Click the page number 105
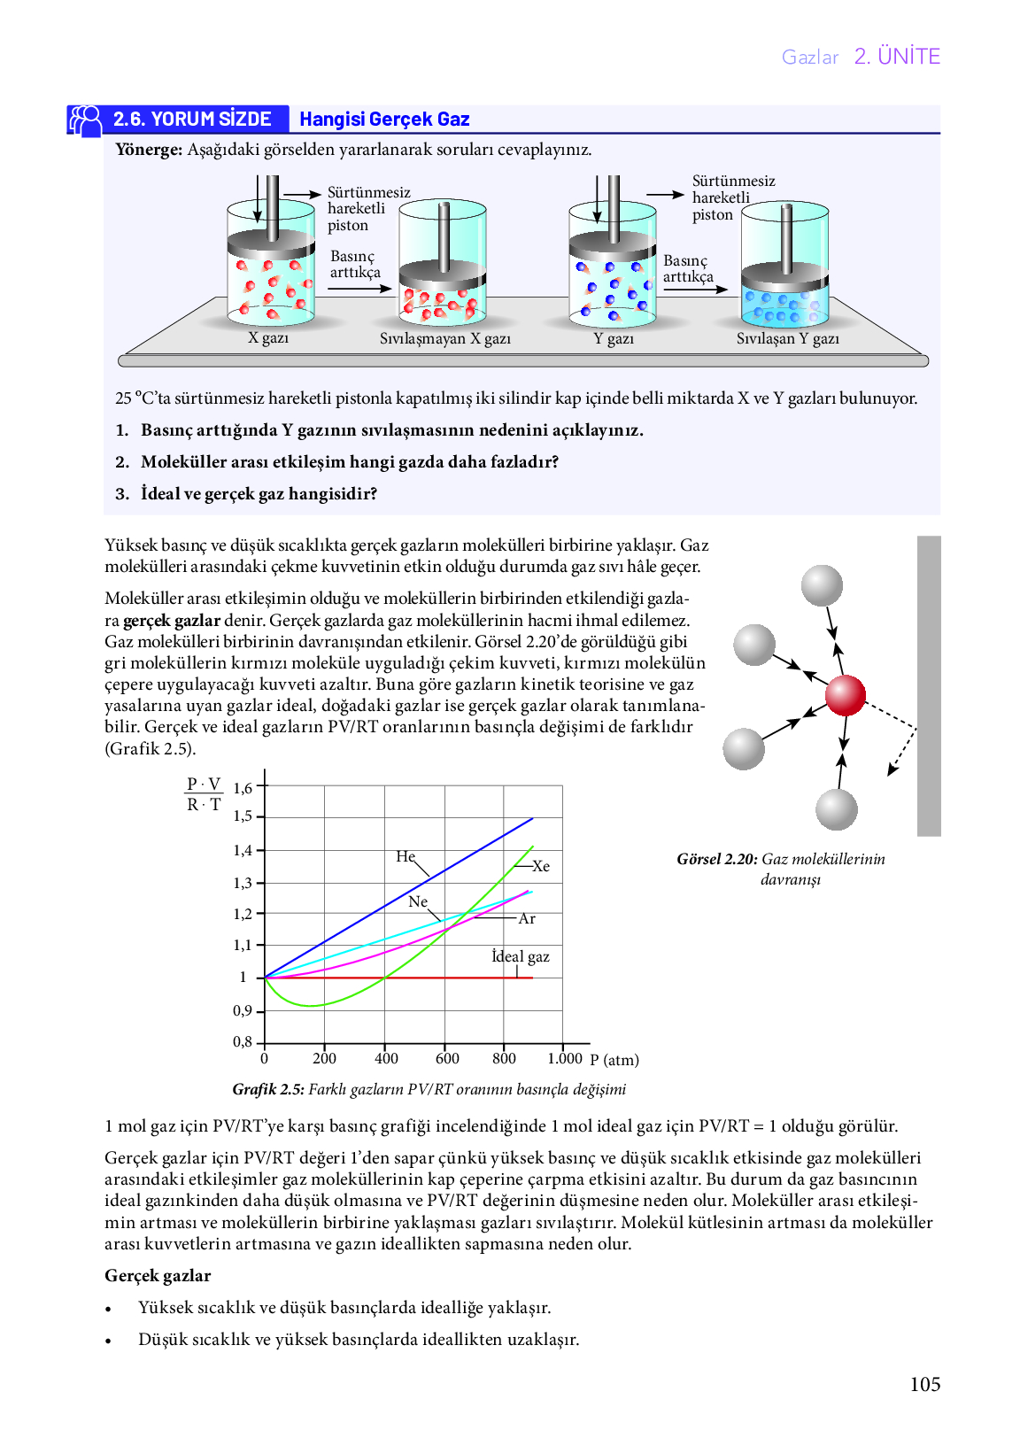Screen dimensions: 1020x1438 tap(924, 1384)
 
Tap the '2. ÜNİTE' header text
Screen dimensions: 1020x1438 tap(897, 57)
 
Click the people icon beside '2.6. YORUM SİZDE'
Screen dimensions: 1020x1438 tap(85, 120)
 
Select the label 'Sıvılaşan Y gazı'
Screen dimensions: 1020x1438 tap(788, 338)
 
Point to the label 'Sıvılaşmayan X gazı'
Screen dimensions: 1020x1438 tap(444, 338)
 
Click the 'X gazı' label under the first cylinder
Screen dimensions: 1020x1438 tap(268, 337)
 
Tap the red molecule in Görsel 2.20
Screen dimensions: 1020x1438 tap(845, 695)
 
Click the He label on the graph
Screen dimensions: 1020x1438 tap(406, 856)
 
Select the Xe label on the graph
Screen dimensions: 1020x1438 tap(541, 866)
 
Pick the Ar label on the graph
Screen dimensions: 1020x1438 tap(526, 918)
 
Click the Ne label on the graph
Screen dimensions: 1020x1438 tap(418, 901)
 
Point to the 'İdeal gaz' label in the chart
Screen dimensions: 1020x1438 tap(521, 956)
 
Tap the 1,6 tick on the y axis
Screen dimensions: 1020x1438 tap(243, 788)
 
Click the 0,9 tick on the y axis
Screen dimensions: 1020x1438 tap(243, 1010)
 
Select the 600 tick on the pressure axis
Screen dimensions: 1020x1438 tap(447, 1058)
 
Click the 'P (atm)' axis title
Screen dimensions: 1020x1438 tap(614, 1059)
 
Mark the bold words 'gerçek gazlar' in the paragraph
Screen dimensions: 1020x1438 tap(172, 620)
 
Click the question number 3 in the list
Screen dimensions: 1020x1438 tap(122, 494)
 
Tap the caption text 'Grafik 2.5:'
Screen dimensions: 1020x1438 tap(268, 1089)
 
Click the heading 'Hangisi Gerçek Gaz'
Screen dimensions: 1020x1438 tap(384, 120)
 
